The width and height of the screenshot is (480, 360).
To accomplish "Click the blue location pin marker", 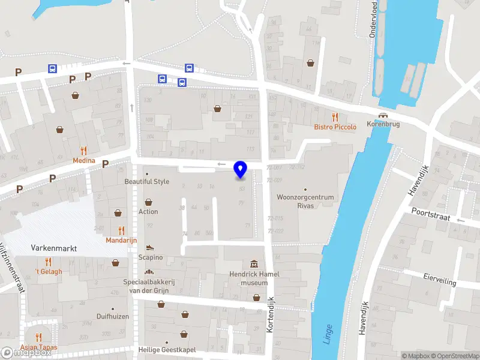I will tap(241, 169).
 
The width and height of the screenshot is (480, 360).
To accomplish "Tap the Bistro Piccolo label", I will tap(335, 127).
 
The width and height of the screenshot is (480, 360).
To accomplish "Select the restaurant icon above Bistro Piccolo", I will tap(335, 117).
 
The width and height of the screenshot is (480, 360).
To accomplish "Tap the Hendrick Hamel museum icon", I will tap(254, 265).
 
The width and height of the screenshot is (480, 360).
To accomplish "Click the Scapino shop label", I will tap(151, 257).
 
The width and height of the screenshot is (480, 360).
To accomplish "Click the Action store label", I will tap(148, 211).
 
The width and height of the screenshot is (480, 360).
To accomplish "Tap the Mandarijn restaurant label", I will tap(122, 240).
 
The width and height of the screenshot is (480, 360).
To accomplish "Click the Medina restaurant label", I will tap(83, 160).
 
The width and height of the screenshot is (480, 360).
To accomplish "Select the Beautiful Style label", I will tap(147, 181).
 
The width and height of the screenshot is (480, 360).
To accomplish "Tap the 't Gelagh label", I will tap(48, 272).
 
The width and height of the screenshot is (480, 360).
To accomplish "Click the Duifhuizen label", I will tap(113, 316).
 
